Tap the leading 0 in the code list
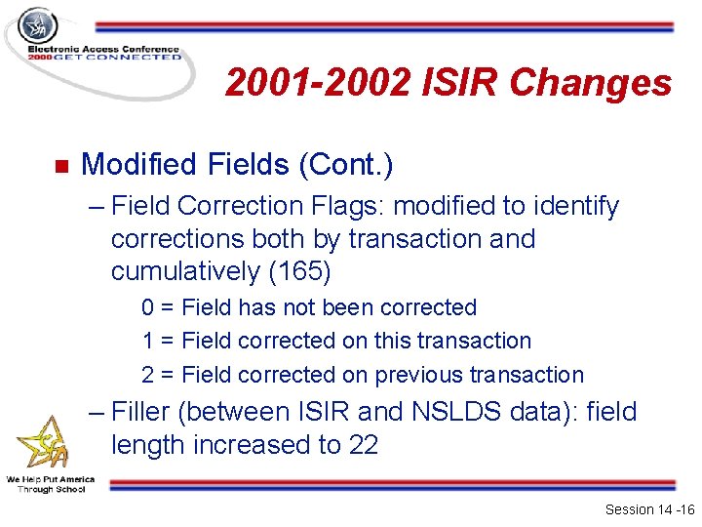148,307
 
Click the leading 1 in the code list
148,341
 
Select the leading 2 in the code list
148,375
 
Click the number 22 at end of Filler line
362,445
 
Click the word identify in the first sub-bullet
574,206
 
